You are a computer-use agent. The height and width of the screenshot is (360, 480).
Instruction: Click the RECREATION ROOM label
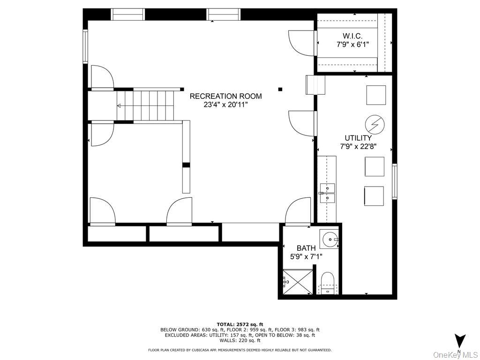[x=225, y=96]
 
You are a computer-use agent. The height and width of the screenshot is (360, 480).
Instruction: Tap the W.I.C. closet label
[x=352, y=36]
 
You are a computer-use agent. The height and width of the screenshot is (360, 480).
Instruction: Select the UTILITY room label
[x=358, y=138]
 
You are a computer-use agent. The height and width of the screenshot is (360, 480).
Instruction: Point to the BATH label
[x=306, y=248]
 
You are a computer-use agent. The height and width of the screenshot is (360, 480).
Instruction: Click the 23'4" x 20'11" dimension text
[x=225, y=105]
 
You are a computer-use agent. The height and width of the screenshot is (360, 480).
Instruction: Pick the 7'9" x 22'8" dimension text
[x=358, y=147]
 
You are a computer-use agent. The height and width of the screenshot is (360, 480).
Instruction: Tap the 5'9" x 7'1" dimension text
[x=306, y=256]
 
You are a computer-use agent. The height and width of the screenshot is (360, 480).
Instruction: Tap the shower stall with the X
[x=297, y=282]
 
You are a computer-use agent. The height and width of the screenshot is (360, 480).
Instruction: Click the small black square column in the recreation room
[x=280, y=90]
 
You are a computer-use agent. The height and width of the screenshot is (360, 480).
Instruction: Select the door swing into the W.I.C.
[x=301, y=43]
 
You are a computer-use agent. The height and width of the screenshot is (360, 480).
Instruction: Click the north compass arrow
[x=460, y=342]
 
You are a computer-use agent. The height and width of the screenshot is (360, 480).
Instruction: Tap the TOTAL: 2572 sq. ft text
[x=240, y=324]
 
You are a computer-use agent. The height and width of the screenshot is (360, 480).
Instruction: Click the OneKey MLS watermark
[x=456, y=355]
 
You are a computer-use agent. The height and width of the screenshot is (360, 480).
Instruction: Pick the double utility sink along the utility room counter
[x=327, y=193]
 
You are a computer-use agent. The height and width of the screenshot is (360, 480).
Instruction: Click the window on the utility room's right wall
[x=395, y=181]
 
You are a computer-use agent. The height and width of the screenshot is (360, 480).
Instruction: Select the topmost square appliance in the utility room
[x=376, y=95]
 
